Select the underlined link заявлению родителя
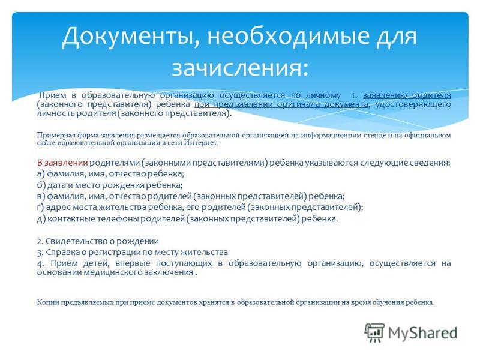pyautogui.click(x=407, y=95)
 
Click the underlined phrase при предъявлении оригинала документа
pyautogui.click(x=281, y=104)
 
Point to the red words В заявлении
pyautogui.click(x=62, y=163)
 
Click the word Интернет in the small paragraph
pyautogui.click(x=200, y=143)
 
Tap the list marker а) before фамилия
pyautogui.click(x=41, y=174)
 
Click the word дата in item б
pyautogui.click(x=56, y=185)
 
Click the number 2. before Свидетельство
pyautogui.click(x=40, y=242)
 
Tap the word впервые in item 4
pyautogui.click(x=131, y=263)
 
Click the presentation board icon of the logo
pyautogui.click(x=374, y=332)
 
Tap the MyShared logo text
pyautogui.click(x=423, y=333)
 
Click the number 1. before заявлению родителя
pyautogui.click(x=354, y=95)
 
